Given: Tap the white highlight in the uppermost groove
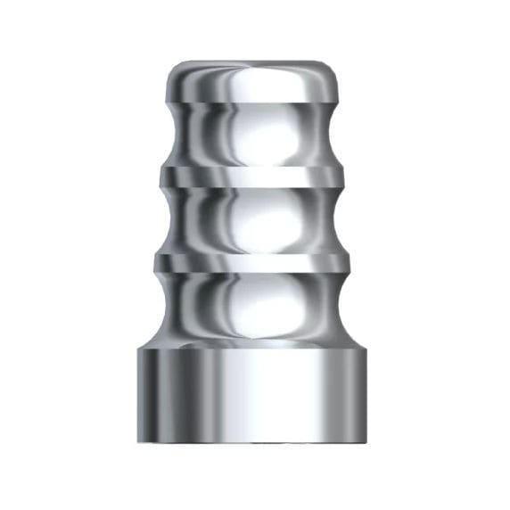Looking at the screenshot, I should [x=259, y=134].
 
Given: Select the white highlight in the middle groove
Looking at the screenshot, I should [x=259, y=218].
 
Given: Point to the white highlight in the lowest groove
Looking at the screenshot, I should [x=259, y=308].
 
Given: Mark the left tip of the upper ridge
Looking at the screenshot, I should [x=160, y=177].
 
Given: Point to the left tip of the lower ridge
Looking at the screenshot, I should [x=158, y=262].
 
